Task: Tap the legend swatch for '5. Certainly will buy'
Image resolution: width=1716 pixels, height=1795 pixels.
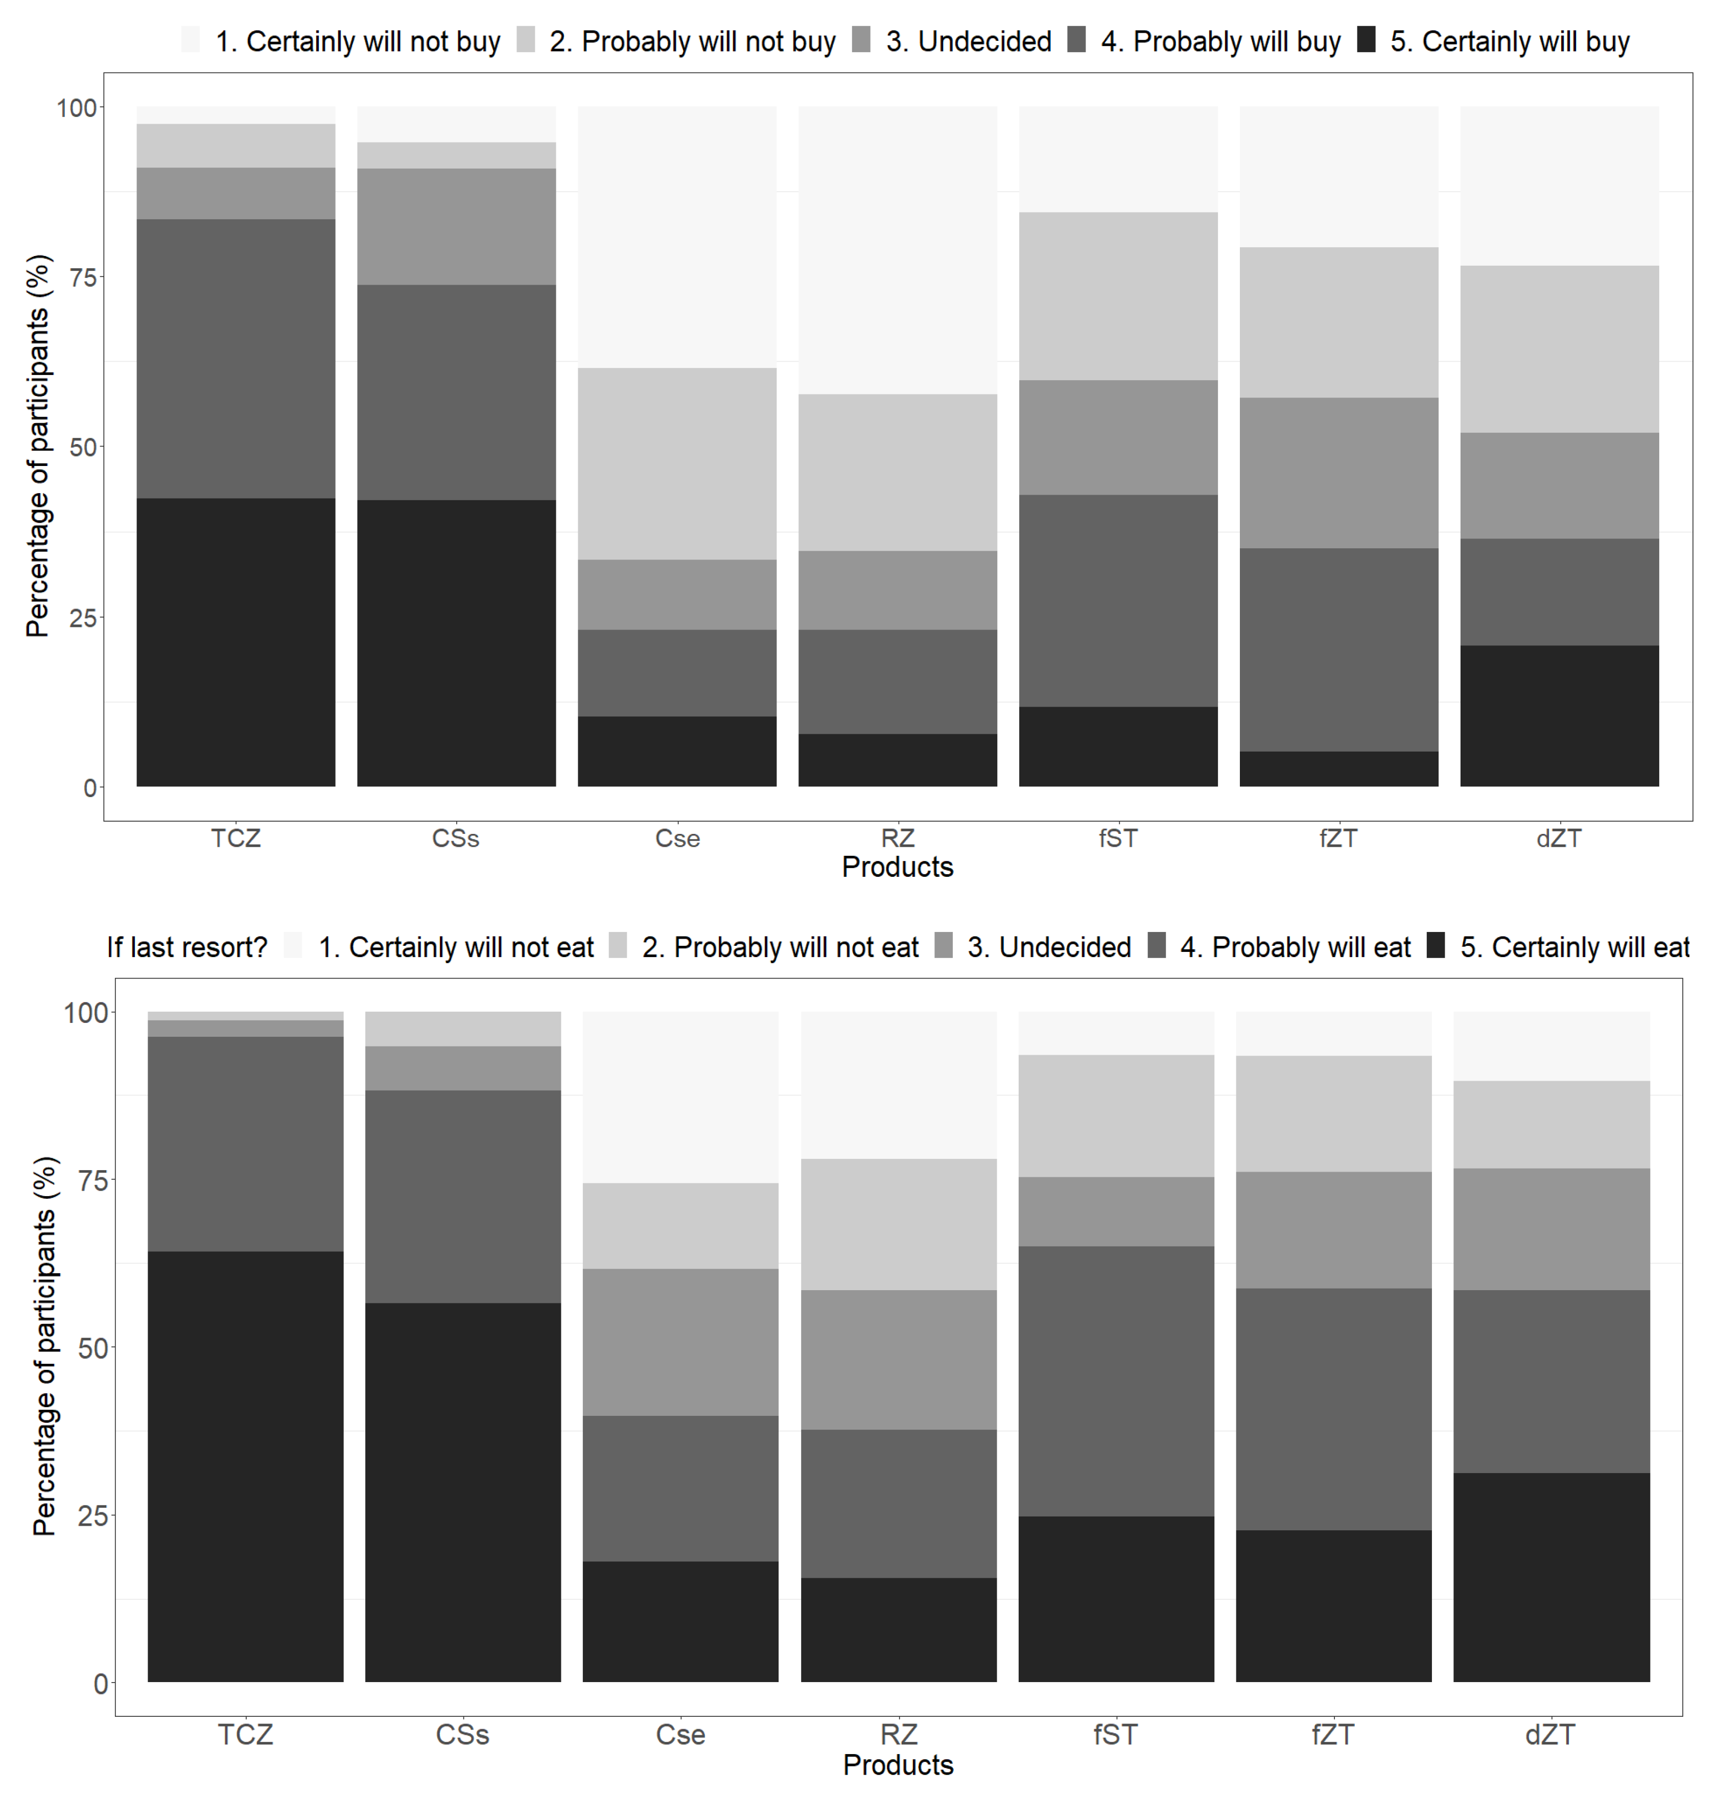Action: click(1366, 40)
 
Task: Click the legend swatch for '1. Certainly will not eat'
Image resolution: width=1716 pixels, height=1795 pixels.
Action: click(293, 945)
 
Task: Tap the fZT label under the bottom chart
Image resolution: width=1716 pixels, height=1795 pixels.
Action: click(1333, 1734)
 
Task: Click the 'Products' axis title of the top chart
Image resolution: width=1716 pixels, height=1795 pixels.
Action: click(897, 867)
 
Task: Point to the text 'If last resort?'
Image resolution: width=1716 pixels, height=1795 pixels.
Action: click(186, 946)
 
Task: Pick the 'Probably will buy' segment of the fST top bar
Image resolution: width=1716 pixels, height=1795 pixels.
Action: click(1118, 600)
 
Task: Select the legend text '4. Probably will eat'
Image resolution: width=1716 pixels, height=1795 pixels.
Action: click(1295, 946)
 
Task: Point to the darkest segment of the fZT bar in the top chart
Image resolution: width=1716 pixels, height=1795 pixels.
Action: click(1338, 768)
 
